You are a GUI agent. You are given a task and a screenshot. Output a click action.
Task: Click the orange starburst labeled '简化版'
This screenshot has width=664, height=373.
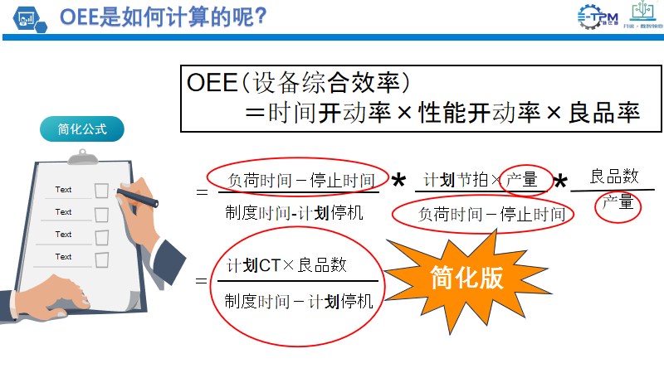(466, 279)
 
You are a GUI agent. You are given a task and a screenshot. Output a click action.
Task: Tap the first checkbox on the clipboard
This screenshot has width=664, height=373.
(102, 191)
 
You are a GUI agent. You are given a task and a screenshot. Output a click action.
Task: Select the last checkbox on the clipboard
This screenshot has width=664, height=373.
(102, 259)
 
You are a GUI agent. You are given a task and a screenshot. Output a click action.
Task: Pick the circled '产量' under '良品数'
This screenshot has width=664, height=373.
(618, 202)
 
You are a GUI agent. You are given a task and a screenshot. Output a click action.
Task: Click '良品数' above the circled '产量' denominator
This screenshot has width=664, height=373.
(614, 176)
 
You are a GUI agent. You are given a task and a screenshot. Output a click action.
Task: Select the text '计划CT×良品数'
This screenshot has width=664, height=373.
(287, 266)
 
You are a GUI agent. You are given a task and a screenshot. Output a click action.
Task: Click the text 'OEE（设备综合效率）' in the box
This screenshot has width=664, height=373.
(299, 84)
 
